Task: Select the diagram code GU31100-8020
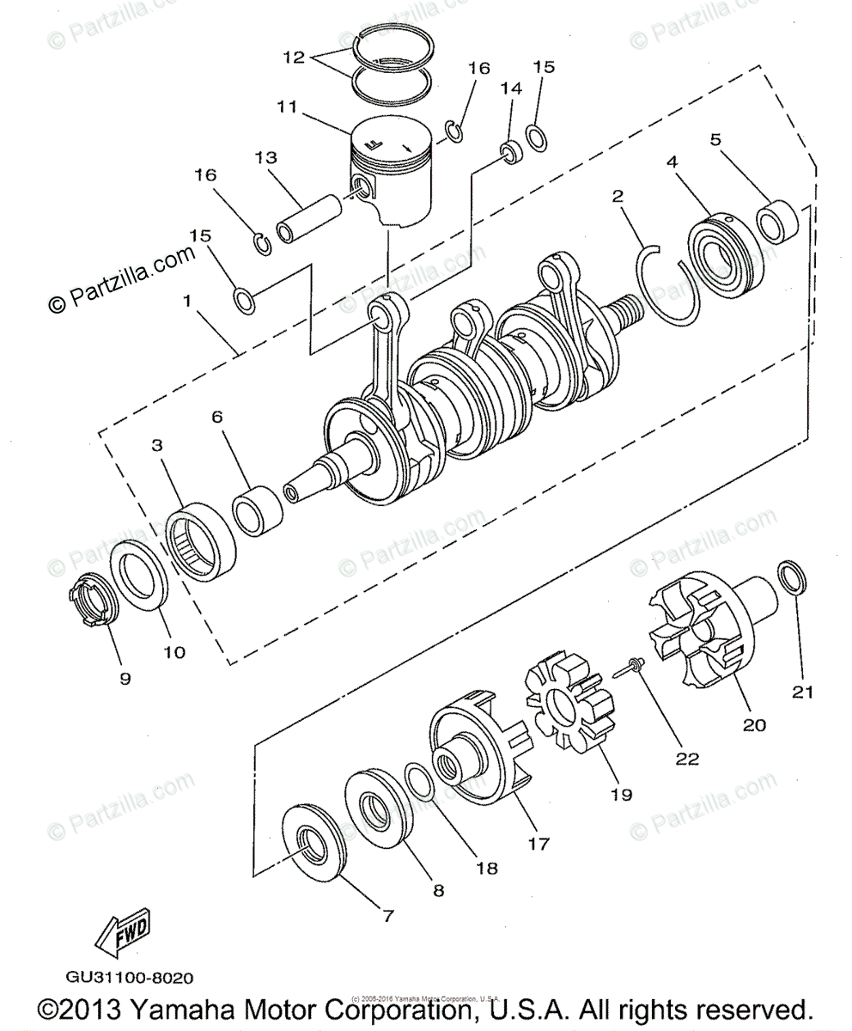(x=129, y=978)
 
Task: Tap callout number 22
(x=687, y=759)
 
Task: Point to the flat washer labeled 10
(x=141, y=579)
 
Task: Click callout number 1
(x=186, y=302)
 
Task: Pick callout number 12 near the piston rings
(x=294, y=58)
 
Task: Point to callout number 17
(x=539, y=844)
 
